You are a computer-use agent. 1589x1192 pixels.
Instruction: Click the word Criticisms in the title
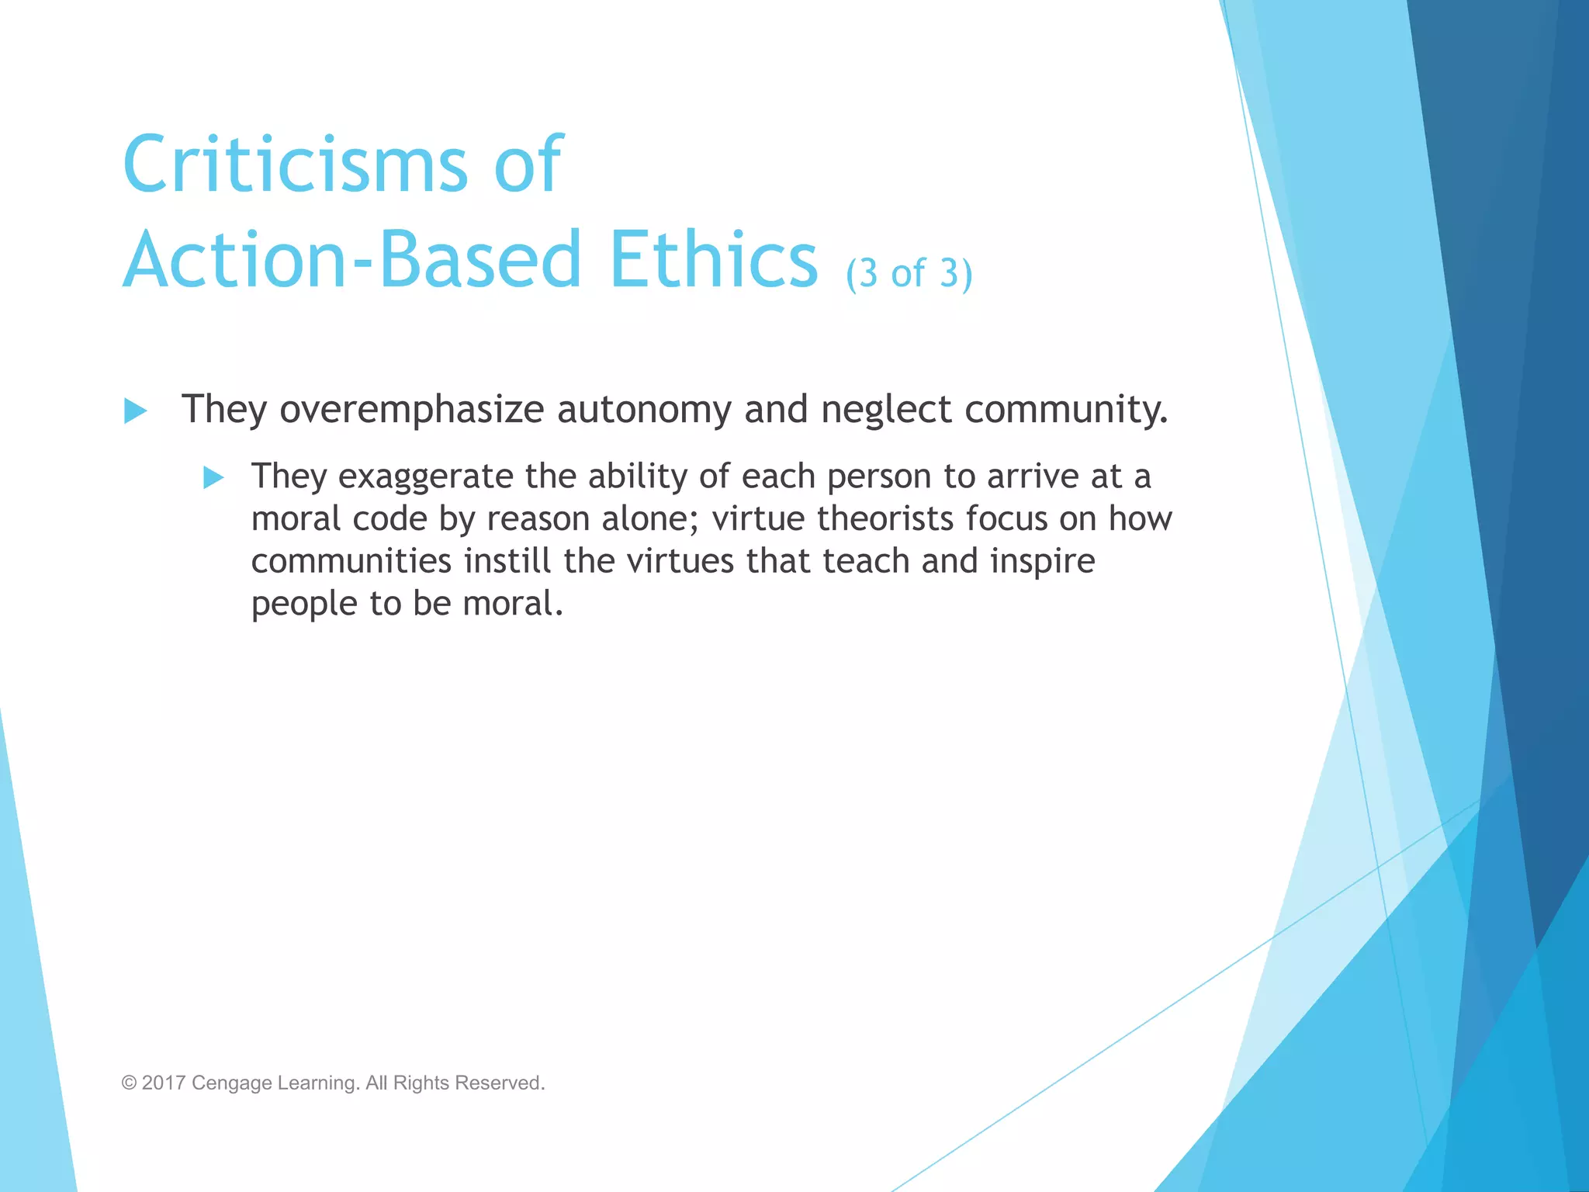coord(295,165)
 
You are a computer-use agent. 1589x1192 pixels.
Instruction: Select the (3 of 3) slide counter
coord(909,273)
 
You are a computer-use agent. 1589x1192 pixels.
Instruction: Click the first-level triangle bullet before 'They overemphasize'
coord(135,411)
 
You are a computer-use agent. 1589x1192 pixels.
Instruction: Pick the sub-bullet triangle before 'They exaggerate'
coord(213,477)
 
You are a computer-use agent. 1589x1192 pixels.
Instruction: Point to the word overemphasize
coord(411,410)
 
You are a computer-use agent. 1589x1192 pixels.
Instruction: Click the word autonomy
coord(643,410)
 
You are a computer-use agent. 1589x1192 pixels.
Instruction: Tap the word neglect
coord(886,410)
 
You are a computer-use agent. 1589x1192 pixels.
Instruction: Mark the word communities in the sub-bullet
coord(351,561)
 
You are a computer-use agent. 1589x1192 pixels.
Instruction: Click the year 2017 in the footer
coord(163,1083)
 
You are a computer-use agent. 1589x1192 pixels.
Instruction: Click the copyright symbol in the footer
coord(129,1083)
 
